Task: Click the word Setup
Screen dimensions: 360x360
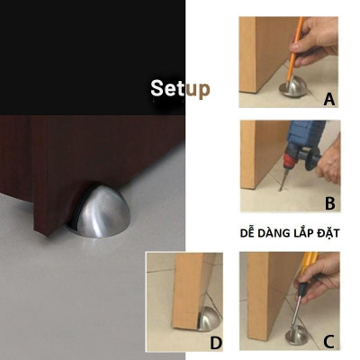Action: pyautogui.click(x=180, y=89)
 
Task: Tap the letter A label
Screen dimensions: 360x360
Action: pyautogui.click(x=329, y=99)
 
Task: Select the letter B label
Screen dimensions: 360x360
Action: pyautogui.click(x=330, y=203)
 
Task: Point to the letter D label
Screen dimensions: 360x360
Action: pyautogui.click(x=216, y=343)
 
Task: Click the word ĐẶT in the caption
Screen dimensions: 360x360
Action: pyautogui.click(x=328, y=233)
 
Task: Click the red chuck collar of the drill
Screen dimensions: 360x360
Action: pyautogui.click(x=290, y=159)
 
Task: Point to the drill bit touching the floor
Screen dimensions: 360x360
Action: pyautogui.click(x=284, y=179)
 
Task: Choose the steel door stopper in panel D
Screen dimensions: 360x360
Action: pyautogui.click(x=209, y=319)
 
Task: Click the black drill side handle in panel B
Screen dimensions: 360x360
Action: pyautogui.click(x=311, y=158)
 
